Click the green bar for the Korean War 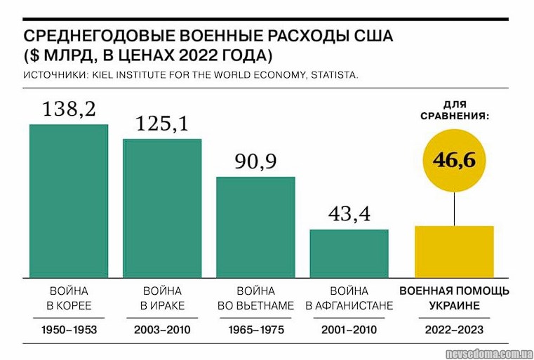click(x=69, y=201)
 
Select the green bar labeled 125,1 click(x=162, y=208)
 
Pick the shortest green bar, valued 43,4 click(x=349, y=253)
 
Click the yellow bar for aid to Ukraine click(x=454, y=251)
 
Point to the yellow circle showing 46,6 click(x=454, y=160)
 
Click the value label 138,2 click(x=69, y=109)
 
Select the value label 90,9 click(x=255, y=161)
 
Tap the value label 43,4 click(x=349, y=214)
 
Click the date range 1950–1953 click(x=69, y=329)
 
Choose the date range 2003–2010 click(x=162, y=329)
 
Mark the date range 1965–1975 click(x=255, y=329)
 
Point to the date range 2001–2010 click(x=349, y=329)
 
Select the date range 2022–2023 click(x=454, y=329)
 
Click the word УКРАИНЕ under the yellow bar click(x=454, y=306)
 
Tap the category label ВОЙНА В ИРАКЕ click(x=162, y=298)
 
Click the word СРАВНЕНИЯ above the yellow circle click(x=454, y=114)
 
